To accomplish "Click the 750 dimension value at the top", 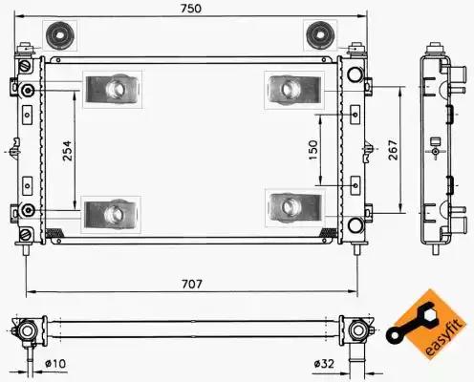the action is point(191,9).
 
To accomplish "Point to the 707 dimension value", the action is point(192,284).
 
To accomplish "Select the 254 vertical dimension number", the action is point(67,150).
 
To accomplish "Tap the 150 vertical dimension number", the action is point(313,150).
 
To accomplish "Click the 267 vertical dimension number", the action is point(393,150).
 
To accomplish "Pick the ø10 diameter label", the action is point(55,363).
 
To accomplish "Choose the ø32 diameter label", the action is point(324,363).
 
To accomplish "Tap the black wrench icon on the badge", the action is point(410,323).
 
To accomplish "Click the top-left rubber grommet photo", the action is point(60,35).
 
